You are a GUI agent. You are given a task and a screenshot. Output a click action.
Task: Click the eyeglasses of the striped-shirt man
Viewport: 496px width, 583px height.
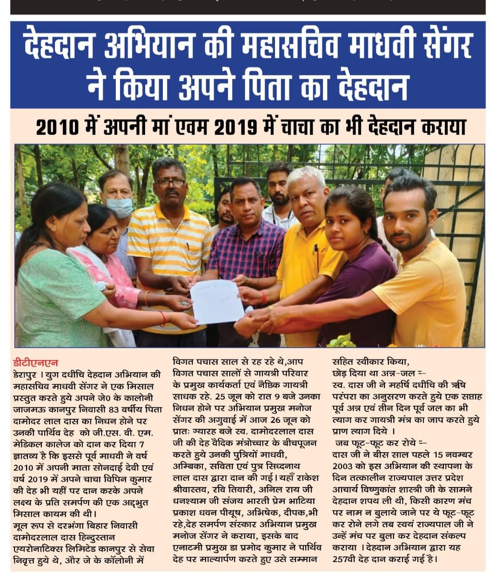click(170, 182)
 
